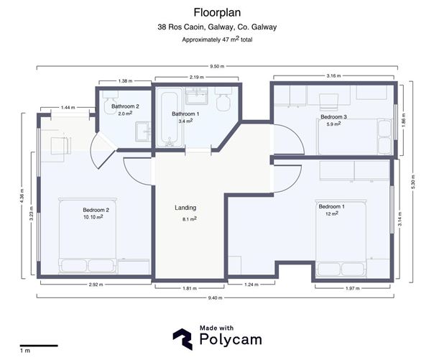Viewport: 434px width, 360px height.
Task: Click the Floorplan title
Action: pyautogui.click(x=217, y=12)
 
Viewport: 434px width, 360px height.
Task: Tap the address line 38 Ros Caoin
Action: pyautogui.click(x=217, y=27)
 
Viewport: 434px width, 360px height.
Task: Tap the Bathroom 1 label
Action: pyautogui.click(x=185, y=114)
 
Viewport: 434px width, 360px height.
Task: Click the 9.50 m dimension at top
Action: pyautogui.click(x=217, y=66)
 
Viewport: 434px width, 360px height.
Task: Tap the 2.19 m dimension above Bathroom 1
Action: pyautogui.click(x=190, y=76)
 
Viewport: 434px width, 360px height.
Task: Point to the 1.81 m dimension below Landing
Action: pyautogui.click(x=190, y=287)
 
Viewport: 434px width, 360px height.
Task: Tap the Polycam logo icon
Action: pyautogui.click(x=183, y=339)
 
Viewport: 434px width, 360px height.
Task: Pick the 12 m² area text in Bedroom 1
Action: pyautogui.click(x=331, y=214)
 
